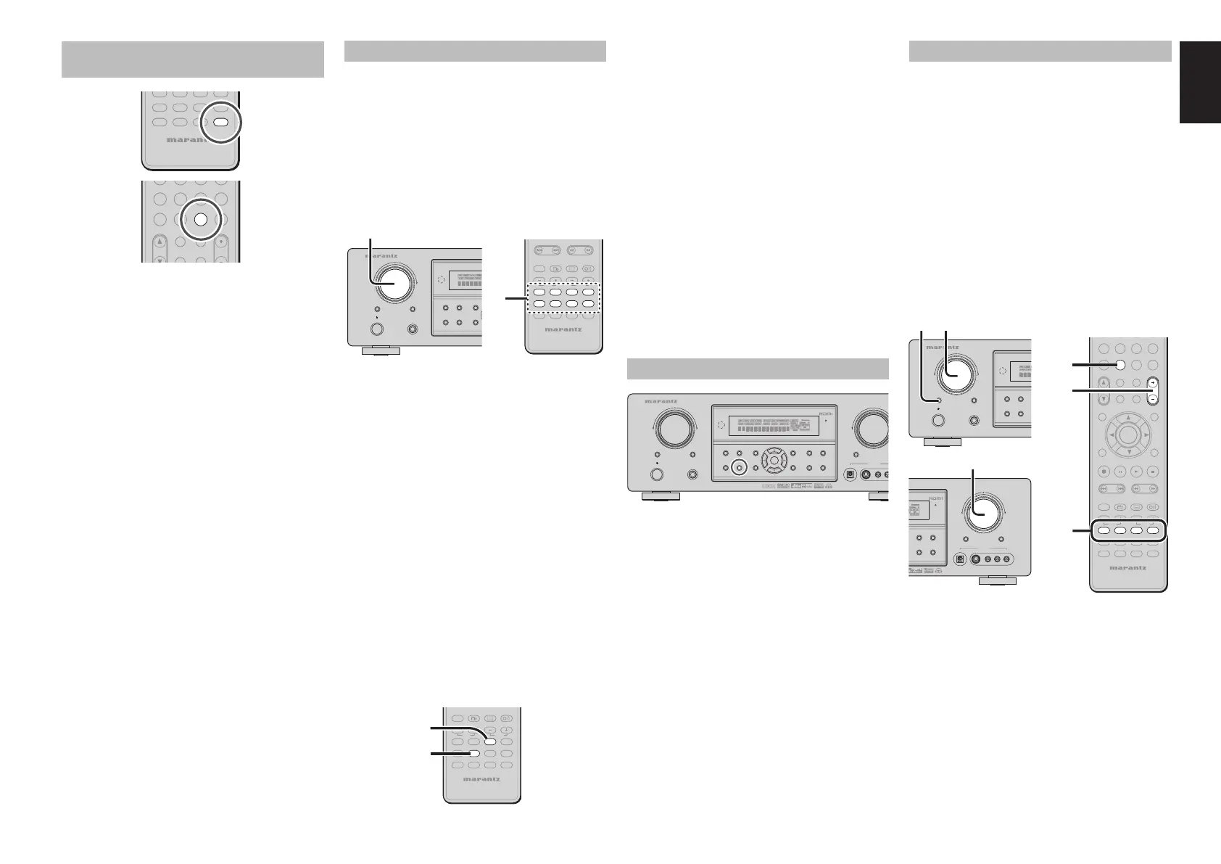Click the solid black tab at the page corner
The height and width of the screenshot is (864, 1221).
[x=1199, y=82]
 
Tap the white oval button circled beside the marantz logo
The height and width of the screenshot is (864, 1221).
[x=221, y=122]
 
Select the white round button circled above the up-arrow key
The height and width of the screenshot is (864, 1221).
[x=201, y=220]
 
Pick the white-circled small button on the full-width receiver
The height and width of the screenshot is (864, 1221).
[x=739, y=468]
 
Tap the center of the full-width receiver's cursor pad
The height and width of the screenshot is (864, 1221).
[x=774, y=460]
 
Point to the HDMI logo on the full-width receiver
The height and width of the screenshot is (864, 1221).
[x=827, y=414]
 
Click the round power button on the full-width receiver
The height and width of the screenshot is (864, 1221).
[x=658, y=475]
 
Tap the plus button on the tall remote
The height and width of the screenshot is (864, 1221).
[x=1151, y=382]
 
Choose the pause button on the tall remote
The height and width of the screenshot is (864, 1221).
[x=1119, y=471]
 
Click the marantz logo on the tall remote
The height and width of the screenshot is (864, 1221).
[x=1128, y=567]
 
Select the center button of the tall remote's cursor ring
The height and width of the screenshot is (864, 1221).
[x=1127, y=435]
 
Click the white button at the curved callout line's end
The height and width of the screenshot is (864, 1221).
[x=490, y=741]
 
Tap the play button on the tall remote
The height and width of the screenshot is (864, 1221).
[x=1135, y=471]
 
